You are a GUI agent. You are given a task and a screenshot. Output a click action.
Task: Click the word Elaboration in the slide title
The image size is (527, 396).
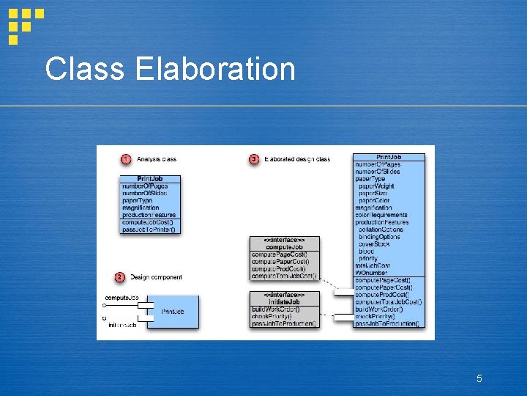215,70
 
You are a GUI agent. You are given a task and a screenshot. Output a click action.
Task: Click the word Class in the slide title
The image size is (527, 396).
86,70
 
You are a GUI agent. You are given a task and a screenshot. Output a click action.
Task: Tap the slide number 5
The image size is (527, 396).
479,378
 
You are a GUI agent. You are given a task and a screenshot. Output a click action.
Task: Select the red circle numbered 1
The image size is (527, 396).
126,159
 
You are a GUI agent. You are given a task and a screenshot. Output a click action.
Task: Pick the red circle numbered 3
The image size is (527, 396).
254,159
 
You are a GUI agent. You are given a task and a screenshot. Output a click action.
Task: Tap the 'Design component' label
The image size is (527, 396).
156,277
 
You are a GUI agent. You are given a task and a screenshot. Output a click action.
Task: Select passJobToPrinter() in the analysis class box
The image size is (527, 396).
149,230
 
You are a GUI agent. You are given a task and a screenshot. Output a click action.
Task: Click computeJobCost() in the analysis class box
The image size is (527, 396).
148,222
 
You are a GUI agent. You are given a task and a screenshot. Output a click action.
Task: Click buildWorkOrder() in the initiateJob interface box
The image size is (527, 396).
275,309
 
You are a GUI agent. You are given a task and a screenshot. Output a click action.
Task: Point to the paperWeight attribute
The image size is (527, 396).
378,186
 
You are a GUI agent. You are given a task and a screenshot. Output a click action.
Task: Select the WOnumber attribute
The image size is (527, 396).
372,273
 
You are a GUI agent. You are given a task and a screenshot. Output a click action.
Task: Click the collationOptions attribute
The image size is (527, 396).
381,230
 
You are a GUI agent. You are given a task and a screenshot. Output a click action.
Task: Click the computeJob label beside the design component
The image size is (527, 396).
122,298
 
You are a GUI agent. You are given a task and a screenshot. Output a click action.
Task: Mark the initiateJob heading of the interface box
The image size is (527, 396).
284,302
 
